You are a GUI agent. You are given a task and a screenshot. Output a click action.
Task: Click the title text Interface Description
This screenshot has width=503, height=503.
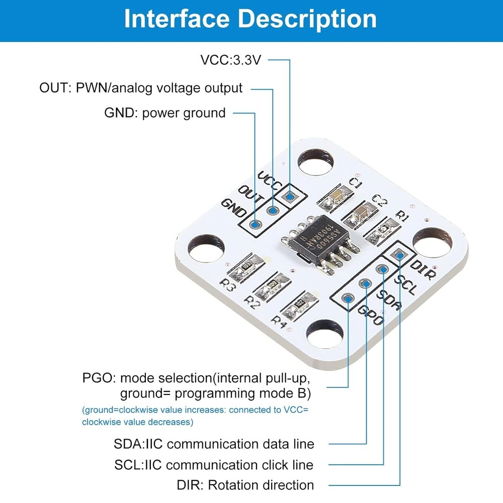coord(250,19)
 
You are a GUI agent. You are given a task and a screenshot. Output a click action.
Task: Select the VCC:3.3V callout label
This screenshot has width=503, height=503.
coord(231,60)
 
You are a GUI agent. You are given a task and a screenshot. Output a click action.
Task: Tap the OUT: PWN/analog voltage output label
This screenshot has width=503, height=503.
coord(141,88)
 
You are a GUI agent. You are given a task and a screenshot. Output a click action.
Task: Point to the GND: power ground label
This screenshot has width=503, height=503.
coord(164,113)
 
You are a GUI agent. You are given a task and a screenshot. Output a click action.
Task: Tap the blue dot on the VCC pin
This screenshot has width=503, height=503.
coord(290,197)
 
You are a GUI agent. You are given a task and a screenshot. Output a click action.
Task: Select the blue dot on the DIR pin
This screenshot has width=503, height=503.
coord(400,256)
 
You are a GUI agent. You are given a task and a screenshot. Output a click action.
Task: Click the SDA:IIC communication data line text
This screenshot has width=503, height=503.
coord(214,444)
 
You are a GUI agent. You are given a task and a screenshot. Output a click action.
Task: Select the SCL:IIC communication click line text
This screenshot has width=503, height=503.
coord(213,465)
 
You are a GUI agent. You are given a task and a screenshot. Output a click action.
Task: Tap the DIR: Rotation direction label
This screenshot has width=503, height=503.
coord(245,485)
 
